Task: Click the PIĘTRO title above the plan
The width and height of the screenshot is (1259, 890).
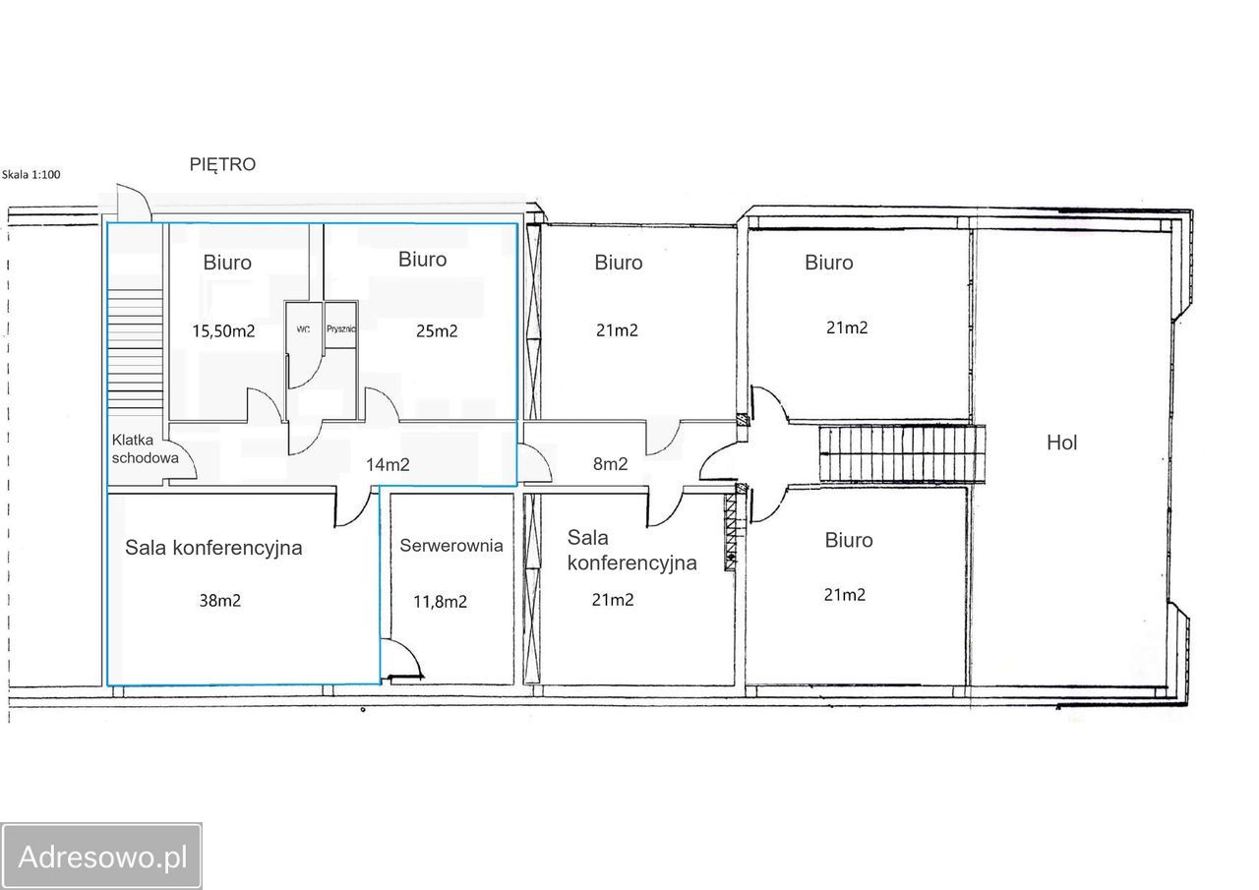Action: point(222,164)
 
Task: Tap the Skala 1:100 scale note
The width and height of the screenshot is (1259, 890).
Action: point(30,174)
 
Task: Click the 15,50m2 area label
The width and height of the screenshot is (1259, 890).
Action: point(223,331)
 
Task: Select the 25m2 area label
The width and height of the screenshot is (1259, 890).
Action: point(437,331)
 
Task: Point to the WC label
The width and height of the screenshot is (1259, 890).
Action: point(303,329)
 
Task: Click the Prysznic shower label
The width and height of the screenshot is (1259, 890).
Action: point(340,328)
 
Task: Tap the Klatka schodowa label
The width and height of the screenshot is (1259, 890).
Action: point(145,448)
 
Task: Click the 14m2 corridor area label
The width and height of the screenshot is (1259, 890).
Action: point(388,464)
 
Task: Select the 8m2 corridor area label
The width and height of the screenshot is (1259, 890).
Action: point(611,463)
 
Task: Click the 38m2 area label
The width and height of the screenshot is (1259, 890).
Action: point(220,601)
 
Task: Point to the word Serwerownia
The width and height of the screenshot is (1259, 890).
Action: point(451,545)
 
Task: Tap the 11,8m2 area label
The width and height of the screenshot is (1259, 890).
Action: point(440,602)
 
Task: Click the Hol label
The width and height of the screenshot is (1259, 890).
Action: point(1061,443)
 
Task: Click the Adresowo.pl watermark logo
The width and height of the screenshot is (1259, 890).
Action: point(101,857)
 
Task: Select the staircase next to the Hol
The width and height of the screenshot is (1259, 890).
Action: point(902,454)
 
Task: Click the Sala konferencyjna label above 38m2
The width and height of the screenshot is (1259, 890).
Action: point(213,548)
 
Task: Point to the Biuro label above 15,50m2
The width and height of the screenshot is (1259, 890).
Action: point(227,263)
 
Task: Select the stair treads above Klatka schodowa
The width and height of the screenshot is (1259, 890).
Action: point(136,349)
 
